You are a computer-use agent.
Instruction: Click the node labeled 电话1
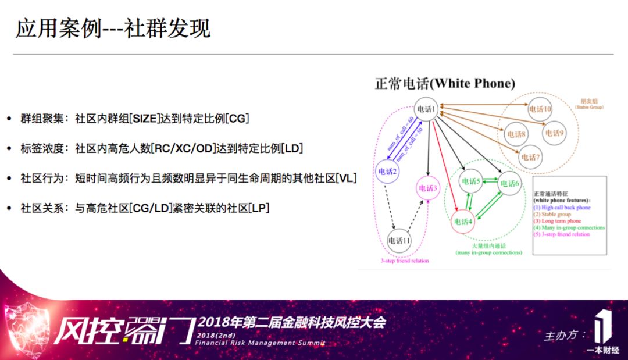426,109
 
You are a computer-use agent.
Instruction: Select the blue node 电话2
387,172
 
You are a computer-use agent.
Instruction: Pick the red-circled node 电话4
463,221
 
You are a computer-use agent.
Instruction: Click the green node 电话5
470,181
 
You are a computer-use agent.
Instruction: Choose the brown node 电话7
530,156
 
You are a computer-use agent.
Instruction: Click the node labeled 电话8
516,134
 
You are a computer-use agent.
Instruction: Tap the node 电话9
554,133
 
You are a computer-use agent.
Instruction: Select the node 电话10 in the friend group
540,109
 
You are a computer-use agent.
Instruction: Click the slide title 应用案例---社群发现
113,28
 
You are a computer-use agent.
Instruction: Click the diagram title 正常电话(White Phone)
445,84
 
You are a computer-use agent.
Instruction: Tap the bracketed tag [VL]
345,178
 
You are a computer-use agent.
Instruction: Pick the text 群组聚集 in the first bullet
42,119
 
